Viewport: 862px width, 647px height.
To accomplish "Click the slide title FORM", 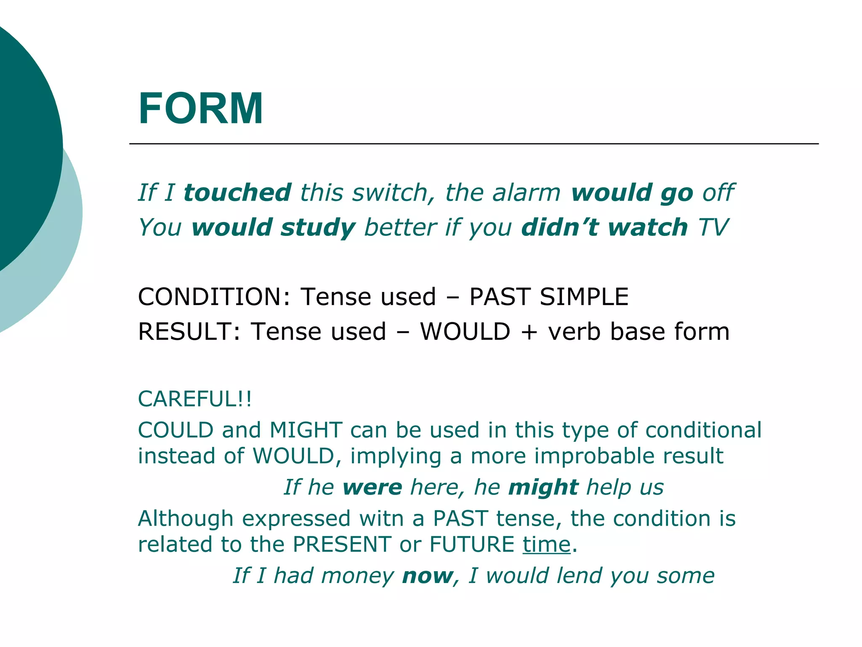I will pos(201,109).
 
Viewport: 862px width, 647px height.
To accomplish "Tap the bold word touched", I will pos(237,192).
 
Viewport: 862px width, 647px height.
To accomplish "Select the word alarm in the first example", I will pos(526,192).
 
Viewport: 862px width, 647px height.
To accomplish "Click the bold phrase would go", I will pos(632,193).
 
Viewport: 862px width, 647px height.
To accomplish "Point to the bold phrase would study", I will pos(274,228).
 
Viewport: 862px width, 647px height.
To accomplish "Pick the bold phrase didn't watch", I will pos(604,227).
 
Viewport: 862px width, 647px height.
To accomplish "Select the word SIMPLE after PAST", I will pos(584,297).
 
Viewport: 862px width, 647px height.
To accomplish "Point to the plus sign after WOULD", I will pos(529,332).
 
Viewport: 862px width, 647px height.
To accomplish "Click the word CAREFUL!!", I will pos(195,399).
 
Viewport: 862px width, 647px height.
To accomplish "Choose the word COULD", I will pos(176,430).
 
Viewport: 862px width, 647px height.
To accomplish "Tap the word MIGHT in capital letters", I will pos(306,430).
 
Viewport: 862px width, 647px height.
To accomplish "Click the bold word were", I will pos(372,487).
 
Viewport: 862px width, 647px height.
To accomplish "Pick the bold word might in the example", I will pos(543,488).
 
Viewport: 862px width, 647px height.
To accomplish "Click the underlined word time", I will pos(546,544).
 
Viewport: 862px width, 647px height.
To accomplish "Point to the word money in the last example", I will pos(357,576).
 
